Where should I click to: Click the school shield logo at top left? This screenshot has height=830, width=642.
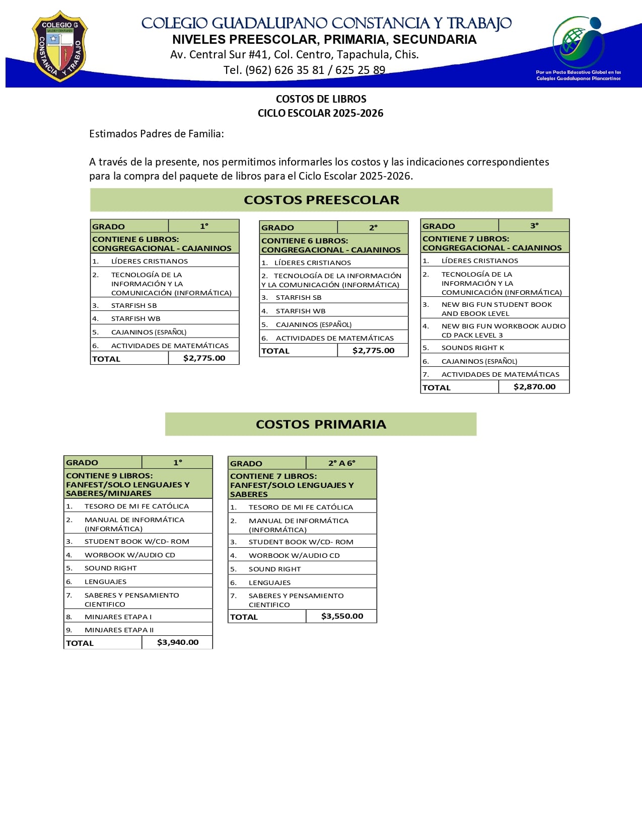coord(59,46)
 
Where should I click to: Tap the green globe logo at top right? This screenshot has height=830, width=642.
coord(579,43)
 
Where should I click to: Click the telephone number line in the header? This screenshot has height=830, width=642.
coord(304,70)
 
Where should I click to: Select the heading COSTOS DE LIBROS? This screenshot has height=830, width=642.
coord(321,99)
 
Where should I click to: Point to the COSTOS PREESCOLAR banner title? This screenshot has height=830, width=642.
coord(321,200)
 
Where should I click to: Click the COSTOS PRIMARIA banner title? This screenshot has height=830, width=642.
coord(321,424)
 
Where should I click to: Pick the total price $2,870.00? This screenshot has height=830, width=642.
coord(534,387)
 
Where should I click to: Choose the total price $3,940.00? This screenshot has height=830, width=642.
coord(178,642)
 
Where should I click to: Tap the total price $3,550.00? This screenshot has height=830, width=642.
coord(342,616)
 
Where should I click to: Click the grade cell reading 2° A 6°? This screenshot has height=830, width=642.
coord(341,463)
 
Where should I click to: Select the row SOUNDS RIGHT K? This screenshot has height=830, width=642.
coord(472,348)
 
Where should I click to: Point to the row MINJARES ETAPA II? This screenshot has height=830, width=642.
coord(119,630)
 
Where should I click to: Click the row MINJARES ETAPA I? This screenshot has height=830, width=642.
coord(118,617)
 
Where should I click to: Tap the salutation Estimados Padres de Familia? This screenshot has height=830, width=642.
coord(156,134)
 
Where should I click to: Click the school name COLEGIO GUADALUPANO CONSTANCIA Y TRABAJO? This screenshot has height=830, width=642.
coord(326,23)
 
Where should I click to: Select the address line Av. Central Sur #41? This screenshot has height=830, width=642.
coord(294,54)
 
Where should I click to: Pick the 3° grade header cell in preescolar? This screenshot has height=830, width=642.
coord(534,226)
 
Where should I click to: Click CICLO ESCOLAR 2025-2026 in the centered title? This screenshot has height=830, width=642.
coord(320,113)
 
